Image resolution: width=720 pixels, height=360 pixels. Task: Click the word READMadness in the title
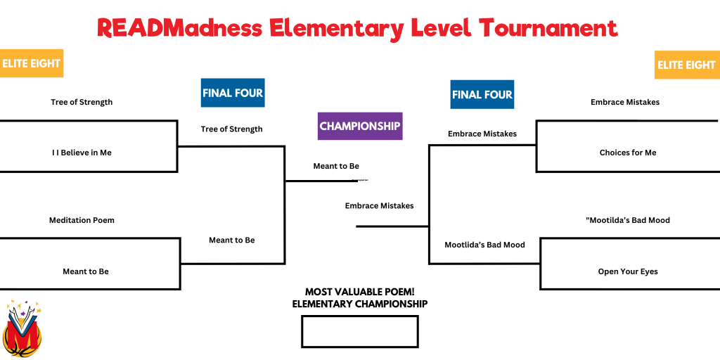click(x=179, y=28)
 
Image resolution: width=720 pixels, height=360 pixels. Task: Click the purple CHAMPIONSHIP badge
click(x=360, y=126)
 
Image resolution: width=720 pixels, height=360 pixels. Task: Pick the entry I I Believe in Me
click(x=82, y=153)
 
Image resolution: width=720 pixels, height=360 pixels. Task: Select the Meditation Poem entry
click(x=82, y=220)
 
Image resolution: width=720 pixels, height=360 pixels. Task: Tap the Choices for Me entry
click(x=628, y=153)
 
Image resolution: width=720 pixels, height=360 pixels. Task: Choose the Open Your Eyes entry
click(x=628, y=271)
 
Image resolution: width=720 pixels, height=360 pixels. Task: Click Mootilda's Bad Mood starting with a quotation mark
click(x=628, y=220)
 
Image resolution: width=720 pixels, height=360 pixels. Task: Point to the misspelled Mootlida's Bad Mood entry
click(x=484, y=245)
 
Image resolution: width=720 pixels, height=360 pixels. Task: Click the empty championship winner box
click(x=360, y=332)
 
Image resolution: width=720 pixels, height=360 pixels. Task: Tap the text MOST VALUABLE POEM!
click(x=360, y=292)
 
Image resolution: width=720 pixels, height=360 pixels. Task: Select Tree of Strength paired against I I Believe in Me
click(x=82, y=102)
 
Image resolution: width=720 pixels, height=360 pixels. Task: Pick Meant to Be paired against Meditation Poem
click(x=86, y=271)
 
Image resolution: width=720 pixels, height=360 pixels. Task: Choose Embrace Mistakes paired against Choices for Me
click(x=625, y=102)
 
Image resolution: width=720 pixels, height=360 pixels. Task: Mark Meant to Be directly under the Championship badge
click(x=336, y=166)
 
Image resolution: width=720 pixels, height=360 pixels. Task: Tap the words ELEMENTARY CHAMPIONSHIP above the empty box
click(x=360, y=304)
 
